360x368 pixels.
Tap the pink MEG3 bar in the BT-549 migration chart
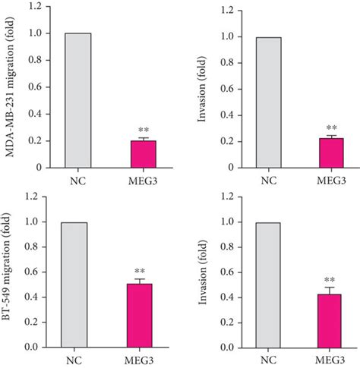(x=142, y=315)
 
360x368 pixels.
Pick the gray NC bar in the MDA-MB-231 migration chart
(x=78, y=99)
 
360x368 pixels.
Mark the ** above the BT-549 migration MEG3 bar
(x=142, y=272)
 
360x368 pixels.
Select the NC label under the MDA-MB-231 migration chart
(x=78, y=181)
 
